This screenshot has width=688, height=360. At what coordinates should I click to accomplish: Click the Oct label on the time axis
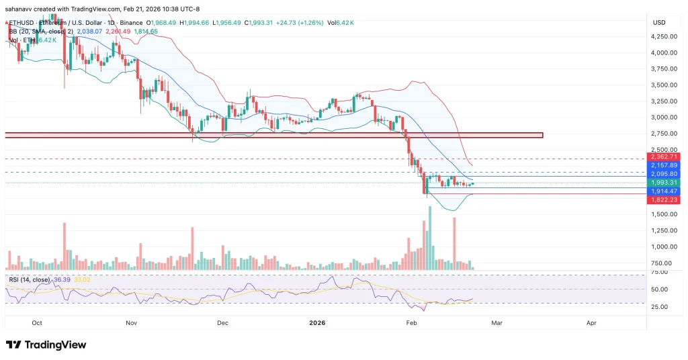point(37,322)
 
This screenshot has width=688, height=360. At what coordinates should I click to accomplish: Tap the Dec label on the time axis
point(222,322)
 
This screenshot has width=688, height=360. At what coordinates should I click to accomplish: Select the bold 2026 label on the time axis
point(318,322)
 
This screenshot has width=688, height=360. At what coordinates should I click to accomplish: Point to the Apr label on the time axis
point(591,322)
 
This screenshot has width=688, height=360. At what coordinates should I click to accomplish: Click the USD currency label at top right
point(658,23)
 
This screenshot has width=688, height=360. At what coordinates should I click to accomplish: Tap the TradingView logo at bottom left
point(46,345)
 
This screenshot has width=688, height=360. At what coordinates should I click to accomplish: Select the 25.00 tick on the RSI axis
point(659,306)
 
